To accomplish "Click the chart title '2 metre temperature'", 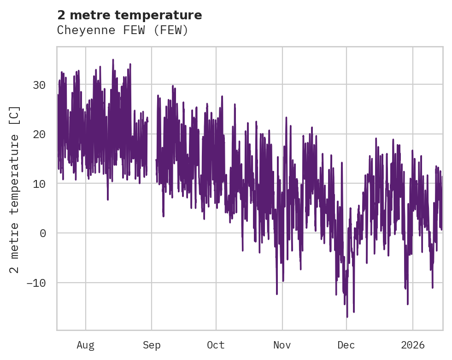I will tap(129, 15).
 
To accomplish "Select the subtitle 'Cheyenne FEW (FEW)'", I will tap(123, 30).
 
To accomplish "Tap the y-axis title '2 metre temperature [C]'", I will tap(15, 190).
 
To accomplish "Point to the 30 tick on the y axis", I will tap(39, 85).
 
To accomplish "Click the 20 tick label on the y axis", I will tap(39, 134).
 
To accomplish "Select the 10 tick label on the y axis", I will tap(39, 184).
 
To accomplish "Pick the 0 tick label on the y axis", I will tap(43, 233).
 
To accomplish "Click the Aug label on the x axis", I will tap(85, 345).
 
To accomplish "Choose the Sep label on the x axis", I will tap(152, 345).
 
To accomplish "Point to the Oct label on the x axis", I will tap(216, 345).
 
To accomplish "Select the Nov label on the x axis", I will tap(282, 345).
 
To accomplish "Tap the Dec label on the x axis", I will tap(346, 345).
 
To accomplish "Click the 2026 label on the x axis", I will tap(412, 345).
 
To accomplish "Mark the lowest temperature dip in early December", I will tap(347, 317).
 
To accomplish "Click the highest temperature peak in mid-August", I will tap(113, 60).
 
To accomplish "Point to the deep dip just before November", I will tap(277, 294).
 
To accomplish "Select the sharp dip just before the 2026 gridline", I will tap(408, 304).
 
